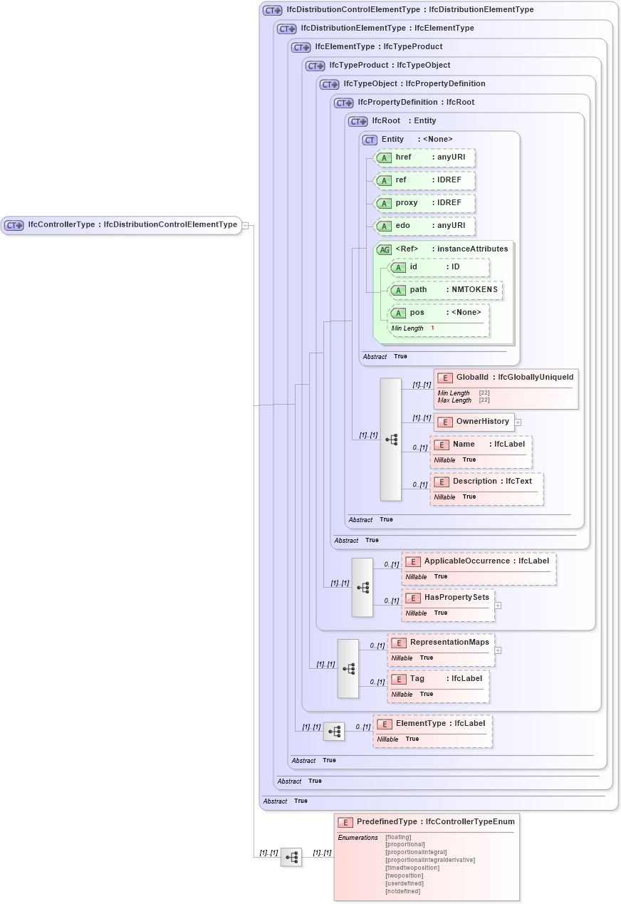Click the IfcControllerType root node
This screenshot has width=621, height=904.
(x=121, y=225)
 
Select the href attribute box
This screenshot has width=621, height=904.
(x=424, y=157)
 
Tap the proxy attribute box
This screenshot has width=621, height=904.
(x=424, y=203)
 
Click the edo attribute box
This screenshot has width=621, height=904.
(x=424, y=226)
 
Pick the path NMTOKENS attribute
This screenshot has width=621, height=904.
(x=445, y=290)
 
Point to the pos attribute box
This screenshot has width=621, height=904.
(x=439, y=313)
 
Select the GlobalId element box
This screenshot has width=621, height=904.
(x=506, y=377)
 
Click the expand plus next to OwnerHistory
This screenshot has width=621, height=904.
(x=518, y=422)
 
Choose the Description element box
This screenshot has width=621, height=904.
(x=486, y=482)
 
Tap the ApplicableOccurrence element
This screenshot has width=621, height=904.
(x=479, y=561)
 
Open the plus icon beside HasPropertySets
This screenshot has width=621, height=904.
(x=498, y=606)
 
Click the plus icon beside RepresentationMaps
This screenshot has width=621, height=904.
(x=498, y=650)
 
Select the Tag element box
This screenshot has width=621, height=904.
(x=438, y=679)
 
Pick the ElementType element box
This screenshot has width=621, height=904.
(x=432, y=724)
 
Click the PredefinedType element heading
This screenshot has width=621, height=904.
(x=427, y=822)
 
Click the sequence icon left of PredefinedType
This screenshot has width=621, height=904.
(x=291, y=858)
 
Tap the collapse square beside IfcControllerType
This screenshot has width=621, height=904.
(x=245, y=225)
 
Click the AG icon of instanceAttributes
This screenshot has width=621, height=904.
(x=384, y=249)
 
